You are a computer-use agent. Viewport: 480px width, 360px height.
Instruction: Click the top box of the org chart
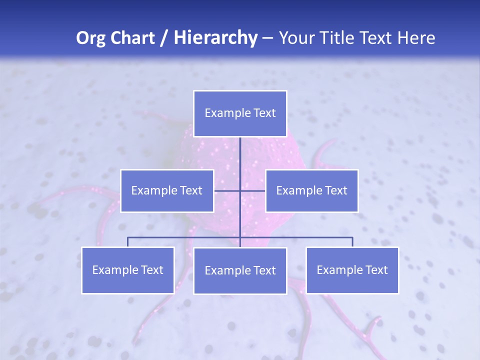[240, 113]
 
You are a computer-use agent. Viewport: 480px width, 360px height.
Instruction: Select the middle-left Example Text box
[167, 190]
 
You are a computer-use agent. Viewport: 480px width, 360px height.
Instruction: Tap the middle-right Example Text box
[311, 190]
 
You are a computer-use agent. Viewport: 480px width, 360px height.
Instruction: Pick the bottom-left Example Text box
[127, 270]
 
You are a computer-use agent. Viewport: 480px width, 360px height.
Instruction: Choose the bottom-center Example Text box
[240, 270]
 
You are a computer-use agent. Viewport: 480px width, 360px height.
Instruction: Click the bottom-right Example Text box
[352, 270]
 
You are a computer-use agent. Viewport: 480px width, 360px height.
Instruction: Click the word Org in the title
[88, 38]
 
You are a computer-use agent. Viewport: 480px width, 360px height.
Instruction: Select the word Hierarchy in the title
[215, 38]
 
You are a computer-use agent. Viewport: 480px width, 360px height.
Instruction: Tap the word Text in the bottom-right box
[376, 270]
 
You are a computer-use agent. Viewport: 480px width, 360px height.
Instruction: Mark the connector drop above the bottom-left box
[127, 242]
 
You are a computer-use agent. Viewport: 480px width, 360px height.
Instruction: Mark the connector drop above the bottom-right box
[352, 242]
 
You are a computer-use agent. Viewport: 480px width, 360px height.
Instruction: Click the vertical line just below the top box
[240, 150]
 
